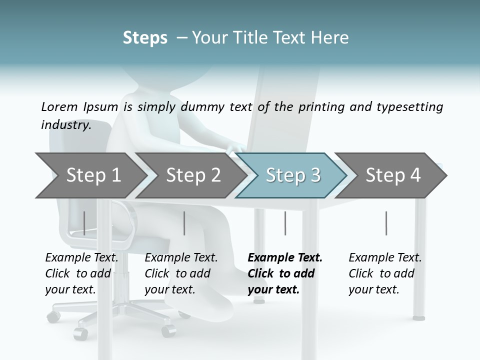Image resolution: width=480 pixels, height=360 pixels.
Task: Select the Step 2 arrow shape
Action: pyautogui.click(x=193, y=175)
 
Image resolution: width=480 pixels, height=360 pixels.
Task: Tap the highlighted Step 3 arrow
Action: pyautogui.click(x=293, y=175)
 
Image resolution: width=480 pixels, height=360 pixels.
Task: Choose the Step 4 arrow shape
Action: pyautogui.click(x=393, y=175)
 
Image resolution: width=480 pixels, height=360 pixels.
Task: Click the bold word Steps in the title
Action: pyautogui.click(x=145, y=38)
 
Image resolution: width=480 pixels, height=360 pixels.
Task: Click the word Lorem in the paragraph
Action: pyautogui.click(x=59, y=106)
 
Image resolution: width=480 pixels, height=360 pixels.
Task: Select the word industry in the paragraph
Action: pyautogui.click(x=66, y=125)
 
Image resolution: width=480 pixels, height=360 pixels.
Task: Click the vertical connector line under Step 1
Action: pyautogui.click(x=84, y=223)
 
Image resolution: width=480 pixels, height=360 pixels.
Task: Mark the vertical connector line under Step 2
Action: pyautogui.click(x=184, y=223)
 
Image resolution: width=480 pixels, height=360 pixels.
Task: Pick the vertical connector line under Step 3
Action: pyautogui.click(x=285, y=223)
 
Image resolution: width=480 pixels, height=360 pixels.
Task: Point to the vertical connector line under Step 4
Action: pyautogui.click(x=386, y=223)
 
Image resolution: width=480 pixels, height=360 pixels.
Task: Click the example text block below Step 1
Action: pyautogui.click(x=81, y=273)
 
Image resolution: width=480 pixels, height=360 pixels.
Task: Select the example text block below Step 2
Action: pyautogui.click(x=181, y=273)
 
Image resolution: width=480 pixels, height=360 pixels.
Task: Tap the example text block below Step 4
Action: pyautogui.click(x=385, y=273)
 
